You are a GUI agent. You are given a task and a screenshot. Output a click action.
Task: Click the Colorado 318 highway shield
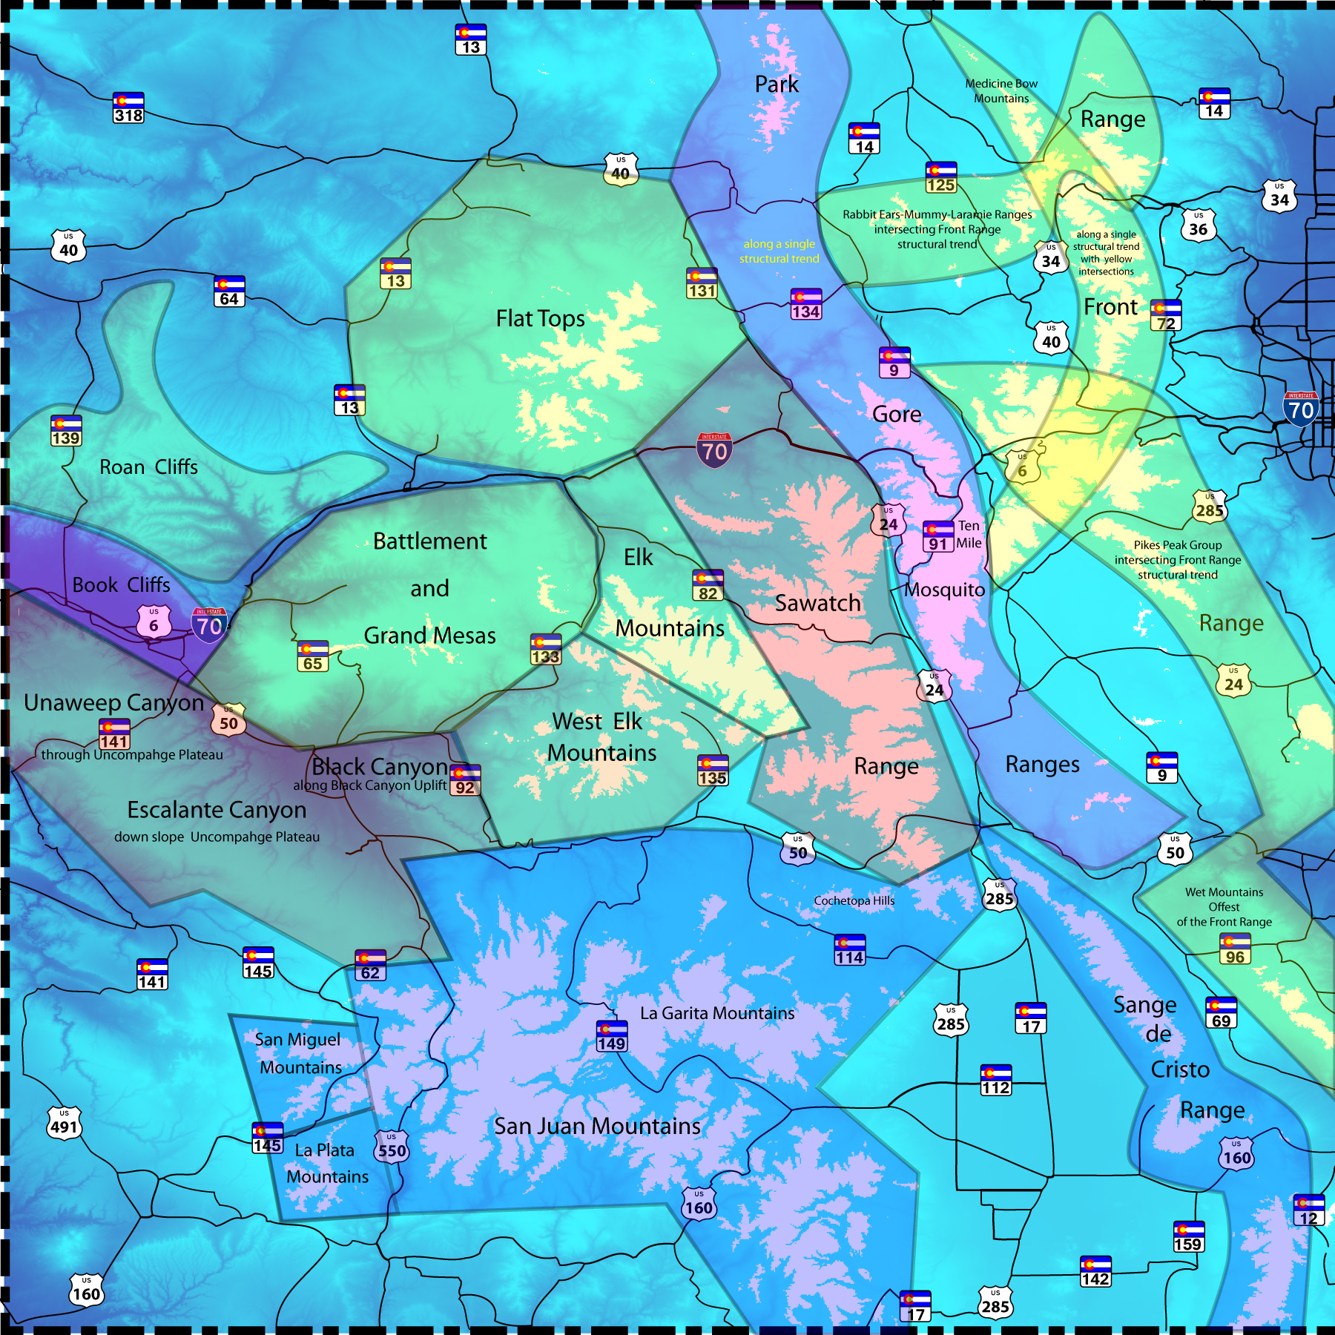128,108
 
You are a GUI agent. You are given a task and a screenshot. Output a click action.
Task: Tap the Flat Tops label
540,319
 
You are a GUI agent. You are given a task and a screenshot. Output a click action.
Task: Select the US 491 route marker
65,1123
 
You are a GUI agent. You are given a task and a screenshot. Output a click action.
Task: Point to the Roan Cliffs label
148,467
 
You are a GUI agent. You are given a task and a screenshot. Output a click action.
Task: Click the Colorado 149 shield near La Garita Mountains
611,1036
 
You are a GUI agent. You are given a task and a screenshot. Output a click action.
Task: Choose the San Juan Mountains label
597,1126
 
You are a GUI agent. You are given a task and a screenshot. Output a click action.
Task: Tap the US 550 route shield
392,1146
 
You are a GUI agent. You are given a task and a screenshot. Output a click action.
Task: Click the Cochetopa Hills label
854,900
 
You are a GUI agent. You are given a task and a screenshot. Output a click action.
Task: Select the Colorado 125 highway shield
940,177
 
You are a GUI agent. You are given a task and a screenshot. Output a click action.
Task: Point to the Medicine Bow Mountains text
1001,91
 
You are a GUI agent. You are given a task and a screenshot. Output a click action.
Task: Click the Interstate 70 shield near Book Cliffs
209,624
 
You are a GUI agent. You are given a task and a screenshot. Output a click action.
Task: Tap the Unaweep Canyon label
113,702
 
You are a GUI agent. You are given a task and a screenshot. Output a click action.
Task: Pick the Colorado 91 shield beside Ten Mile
938,536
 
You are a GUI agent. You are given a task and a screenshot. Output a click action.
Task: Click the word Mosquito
944,590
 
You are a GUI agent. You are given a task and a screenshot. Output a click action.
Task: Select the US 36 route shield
1199,225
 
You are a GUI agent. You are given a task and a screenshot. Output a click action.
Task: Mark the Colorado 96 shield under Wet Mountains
1235,949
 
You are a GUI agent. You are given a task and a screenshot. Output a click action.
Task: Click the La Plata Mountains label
326,1163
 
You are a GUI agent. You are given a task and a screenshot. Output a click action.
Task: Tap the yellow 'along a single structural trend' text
779,251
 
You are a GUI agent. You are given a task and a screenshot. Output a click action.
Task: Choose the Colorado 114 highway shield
849,949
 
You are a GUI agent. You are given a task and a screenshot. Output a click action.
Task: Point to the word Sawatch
817,603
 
